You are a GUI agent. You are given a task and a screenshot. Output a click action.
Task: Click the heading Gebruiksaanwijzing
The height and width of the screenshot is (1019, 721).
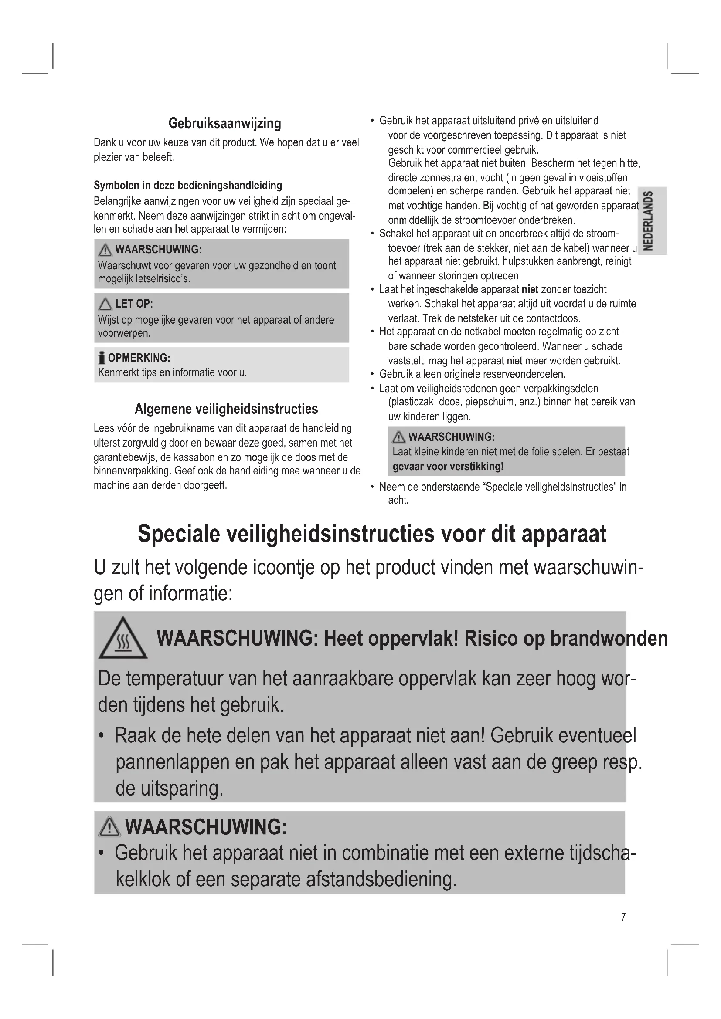tap(224, 123)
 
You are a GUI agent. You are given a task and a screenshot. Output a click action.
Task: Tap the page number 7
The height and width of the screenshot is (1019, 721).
tap(623, 917)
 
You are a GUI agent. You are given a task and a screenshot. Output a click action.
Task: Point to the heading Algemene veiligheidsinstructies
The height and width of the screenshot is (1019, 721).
tap(226, 409)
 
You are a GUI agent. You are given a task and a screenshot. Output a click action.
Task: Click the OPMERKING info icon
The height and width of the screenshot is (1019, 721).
tap(102, 358)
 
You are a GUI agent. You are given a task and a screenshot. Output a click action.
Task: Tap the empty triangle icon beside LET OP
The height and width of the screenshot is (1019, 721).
tap(105, 304)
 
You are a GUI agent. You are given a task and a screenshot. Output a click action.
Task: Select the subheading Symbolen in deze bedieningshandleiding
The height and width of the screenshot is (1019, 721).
tap(188, 185)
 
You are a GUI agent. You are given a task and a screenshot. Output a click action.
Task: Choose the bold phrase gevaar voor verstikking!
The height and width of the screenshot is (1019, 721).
tap(448, 467)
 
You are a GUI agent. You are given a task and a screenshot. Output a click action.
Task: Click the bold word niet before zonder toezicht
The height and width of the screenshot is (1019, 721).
tap(530, 290)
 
